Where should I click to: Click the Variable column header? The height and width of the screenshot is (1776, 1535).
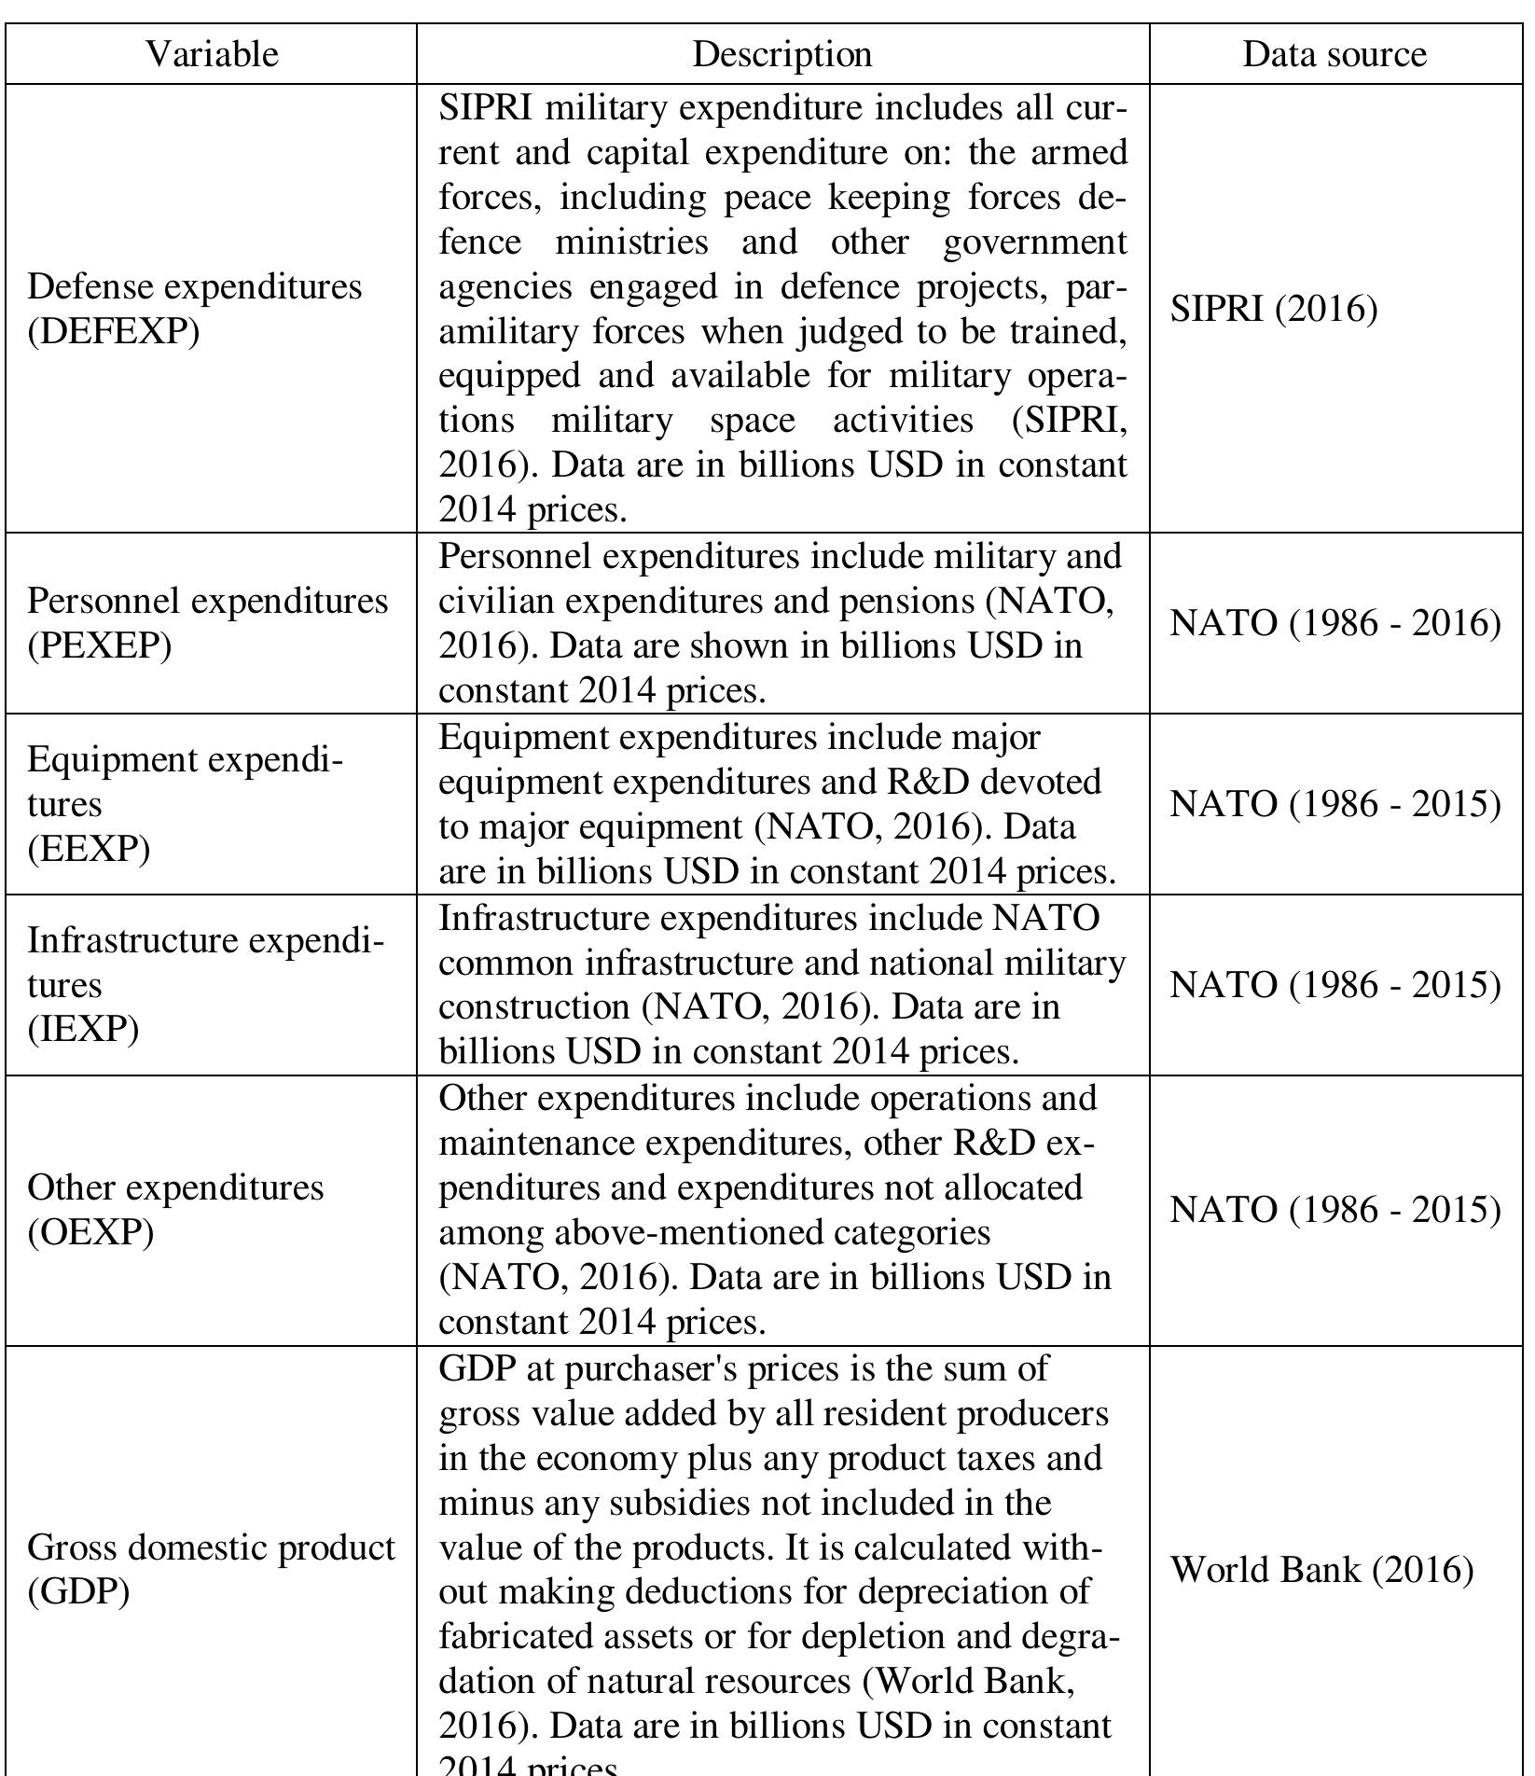pos(212,54)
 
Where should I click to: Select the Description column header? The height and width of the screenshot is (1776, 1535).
pos(781,54)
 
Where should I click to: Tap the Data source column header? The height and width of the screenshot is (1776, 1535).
pos(1334,54)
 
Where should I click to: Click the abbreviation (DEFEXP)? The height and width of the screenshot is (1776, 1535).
pos(113,331)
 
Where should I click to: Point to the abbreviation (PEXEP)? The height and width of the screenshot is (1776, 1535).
pos(99,645)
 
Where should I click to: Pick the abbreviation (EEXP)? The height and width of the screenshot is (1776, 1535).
pos(89,848)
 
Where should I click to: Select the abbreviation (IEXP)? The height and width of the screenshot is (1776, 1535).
pos(83,1029)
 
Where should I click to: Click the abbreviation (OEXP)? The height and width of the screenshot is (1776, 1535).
pos(90,1232)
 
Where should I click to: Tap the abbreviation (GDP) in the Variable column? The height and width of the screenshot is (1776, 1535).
pos(78,1591)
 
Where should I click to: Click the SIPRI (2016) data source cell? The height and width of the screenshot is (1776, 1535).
pos(1273,309)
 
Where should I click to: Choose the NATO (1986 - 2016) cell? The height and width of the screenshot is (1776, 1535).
pos(1334,622)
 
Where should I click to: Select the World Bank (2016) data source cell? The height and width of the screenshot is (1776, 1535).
pos(1321,1569)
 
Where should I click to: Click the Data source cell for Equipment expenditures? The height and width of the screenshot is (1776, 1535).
pos(1334,803)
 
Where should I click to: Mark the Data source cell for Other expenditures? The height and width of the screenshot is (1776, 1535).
pos(1334,1210)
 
